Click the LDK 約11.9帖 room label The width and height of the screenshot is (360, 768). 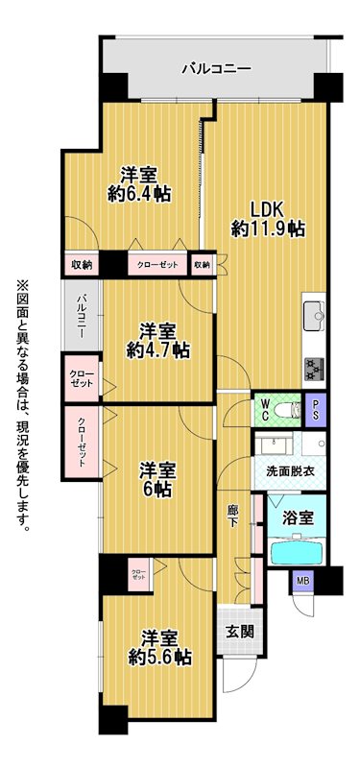tap(268, 219)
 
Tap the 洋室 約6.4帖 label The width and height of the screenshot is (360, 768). tap(139, 184)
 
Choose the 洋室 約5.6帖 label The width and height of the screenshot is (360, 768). tap(159, 647)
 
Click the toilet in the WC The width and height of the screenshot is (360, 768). tap(286, 410)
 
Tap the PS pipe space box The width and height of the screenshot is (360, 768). tap(316, 410)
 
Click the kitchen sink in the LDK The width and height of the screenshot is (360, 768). tap(314, 317)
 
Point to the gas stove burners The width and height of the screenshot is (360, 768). tap(314, 369)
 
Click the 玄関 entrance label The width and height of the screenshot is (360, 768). tap(240, 632)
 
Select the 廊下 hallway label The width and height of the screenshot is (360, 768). tap(232, 516)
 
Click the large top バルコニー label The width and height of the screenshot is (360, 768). tap(217, 68)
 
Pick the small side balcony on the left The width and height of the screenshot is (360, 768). tap(83, 315)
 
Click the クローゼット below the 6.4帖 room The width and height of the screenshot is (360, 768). tap(158, 265)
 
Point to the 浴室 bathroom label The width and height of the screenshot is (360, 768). tap(299, 517)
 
